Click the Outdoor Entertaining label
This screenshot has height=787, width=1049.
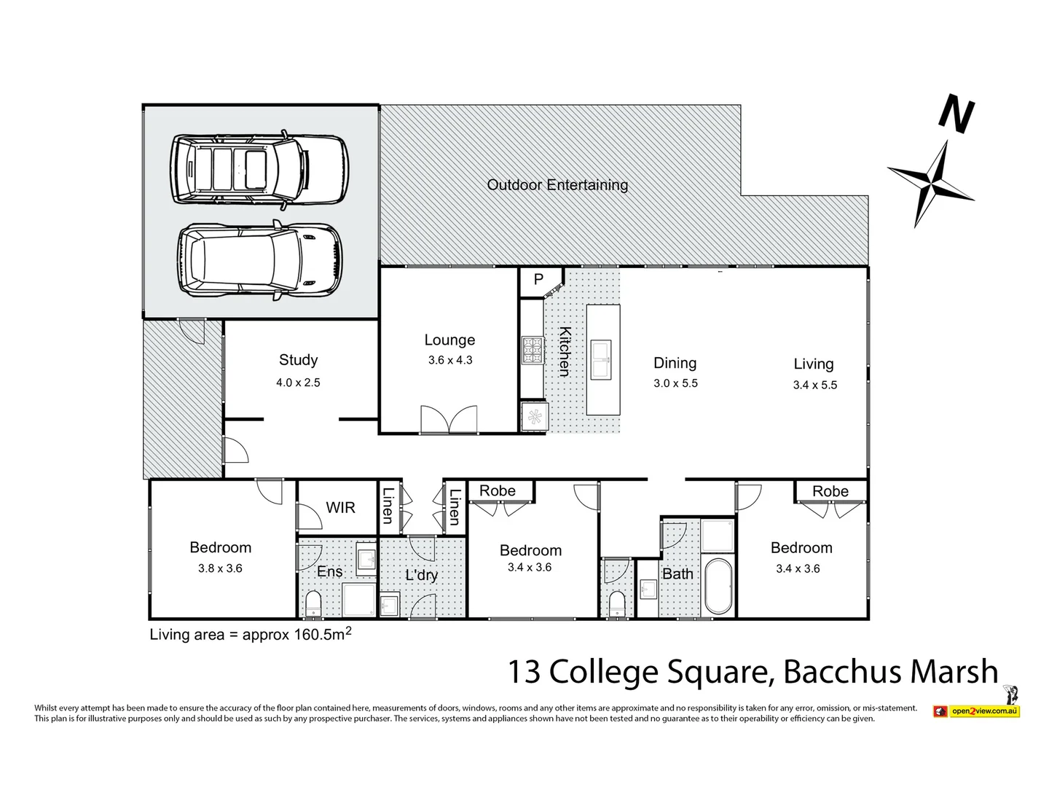(557, 185)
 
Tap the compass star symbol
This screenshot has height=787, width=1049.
(932, 183)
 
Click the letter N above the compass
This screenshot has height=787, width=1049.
(956, 114)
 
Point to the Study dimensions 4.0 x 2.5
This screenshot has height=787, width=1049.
(298, 382)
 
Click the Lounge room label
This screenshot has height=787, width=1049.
(449, 340)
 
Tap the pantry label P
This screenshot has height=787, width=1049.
(538, 280)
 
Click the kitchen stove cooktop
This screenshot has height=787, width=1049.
(533, 350)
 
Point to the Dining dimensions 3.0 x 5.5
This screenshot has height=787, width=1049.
(675, 383)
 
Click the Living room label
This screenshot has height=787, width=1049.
(813, 364)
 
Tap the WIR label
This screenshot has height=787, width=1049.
(340, 507)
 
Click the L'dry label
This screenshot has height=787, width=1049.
(421, 575)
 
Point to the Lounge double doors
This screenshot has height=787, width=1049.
(449, 421)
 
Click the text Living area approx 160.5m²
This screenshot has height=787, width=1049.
(251, 634)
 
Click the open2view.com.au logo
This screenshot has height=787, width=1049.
(977, 710)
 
